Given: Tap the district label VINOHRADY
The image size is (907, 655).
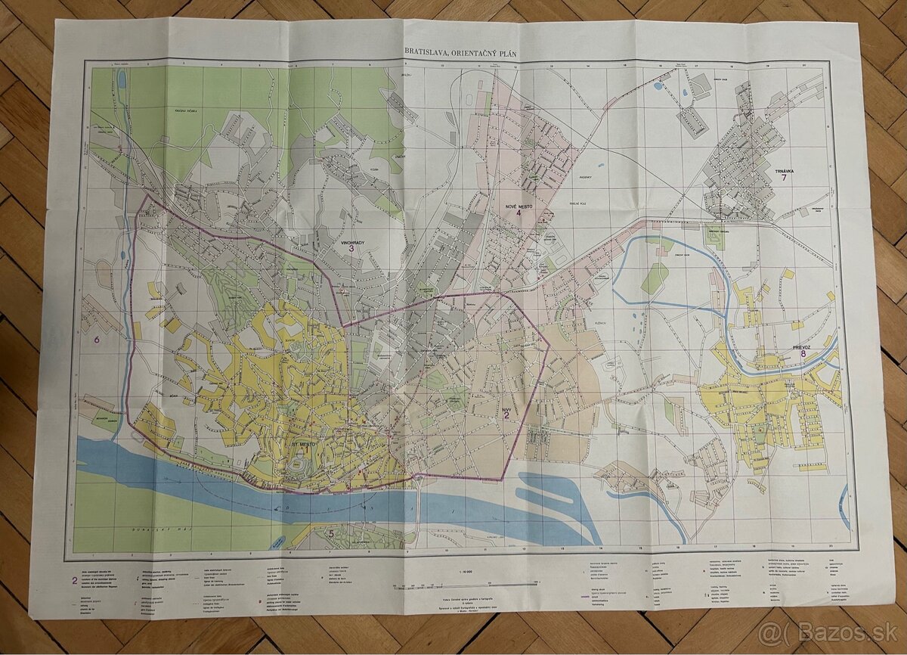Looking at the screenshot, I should tap(351, 244).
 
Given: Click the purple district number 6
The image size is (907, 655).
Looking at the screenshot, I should tap(96, 340).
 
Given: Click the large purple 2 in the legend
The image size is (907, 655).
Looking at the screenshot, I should tap(74, 581).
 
